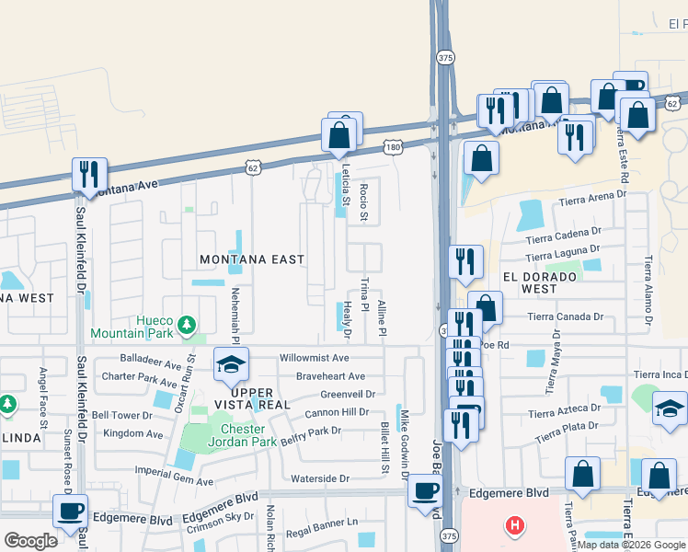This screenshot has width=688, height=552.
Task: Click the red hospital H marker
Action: click(x=515, y=525)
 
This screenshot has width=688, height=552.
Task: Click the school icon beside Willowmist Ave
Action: click(x=231, y=365)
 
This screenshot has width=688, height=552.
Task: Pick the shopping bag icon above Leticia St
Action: click(x=339, y=135)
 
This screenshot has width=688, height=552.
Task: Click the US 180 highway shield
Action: click(x=393, y=146)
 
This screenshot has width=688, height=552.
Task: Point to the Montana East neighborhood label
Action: click(x=251, y=259)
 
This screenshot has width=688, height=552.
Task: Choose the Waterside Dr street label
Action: click(x=320, y=478)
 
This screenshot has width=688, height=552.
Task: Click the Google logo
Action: click(x=30, y=541)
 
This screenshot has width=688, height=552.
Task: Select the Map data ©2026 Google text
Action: click(x=631, y=546)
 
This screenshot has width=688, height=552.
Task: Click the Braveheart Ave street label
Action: click(x=330, y=376)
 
